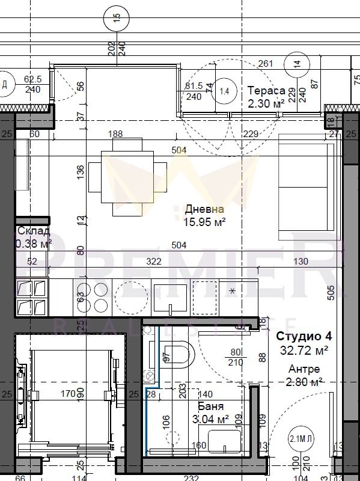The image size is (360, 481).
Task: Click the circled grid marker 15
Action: point(117,16)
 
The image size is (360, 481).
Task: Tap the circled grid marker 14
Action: point(297,63)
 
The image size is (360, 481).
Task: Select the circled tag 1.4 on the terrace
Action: point(225,91)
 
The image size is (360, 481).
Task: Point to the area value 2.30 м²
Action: point(266,103)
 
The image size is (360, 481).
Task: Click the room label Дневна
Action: point(204,209)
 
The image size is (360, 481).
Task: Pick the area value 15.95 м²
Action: point(204,222)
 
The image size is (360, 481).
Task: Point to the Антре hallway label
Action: point(304,369)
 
